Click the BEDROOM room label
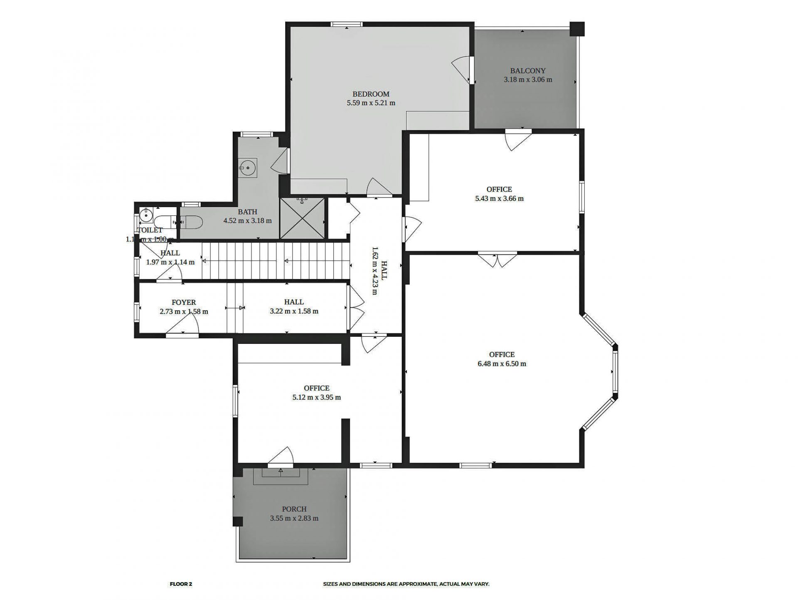(371, 94)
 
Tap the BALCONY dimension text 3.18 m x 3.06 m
(528, 80)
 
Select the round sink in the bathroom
(248, 168)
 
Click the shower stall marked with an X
(302, 219)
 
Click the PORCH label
(294, 509)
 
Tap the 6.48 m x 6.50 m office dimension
(502, 364)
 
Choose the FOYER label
(183, 302)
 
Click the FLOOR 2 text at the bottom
(181, 584)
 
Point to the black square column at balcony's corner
(577, 29)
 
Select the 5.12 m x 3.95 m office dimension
(316, 398)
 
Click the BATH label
(247, 212)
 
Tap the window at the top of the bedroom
(346, 25)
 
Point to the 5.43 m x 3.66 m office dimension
(499, 199)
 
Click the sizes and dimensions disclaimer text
(406, 584)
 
